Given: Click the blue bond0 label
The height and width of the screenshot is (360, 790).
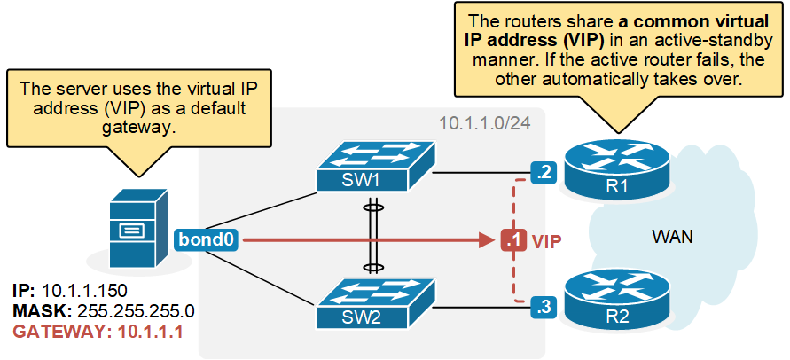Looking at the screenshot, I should [x=206, y=239].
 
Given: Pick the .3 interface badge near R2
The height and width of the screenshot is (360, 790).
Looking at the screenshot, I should [x=544, y=308].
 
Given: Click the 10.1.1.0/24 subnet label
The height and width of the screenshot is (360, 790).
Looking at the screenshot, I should [x=485, y=124].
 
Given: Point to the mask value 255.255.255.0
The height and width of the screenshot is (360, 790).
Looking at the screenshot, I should [x=136, y=310].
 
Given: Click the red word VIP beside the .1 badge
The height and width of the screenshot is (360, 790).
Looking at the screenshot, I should [x=547, y=240].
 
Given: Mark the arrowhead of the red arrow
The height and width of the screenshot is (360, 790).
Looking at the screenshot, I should [x=487, y=240].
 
